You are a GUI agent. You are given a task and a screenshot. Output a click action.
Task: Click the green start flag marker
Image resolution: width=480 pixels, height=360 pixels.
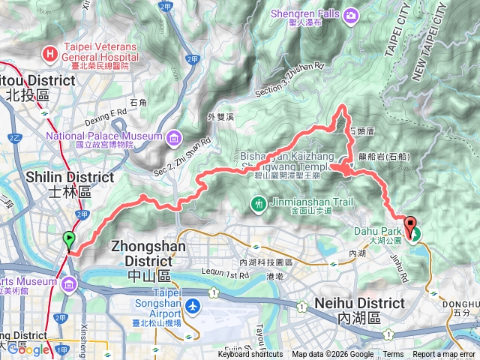pos(70,240)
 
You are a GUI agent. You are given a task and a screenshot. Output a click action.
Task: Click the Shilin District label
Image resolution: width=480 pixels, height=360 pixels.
pos(70,177)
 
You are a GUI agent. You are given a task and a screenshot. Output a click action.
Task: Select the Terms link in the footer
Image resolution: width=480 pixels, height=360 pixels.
pos(393,355)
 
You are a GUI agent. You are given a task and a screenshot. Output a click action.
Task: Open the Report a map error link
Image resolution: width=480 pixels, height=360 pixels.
pos(444,355)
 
